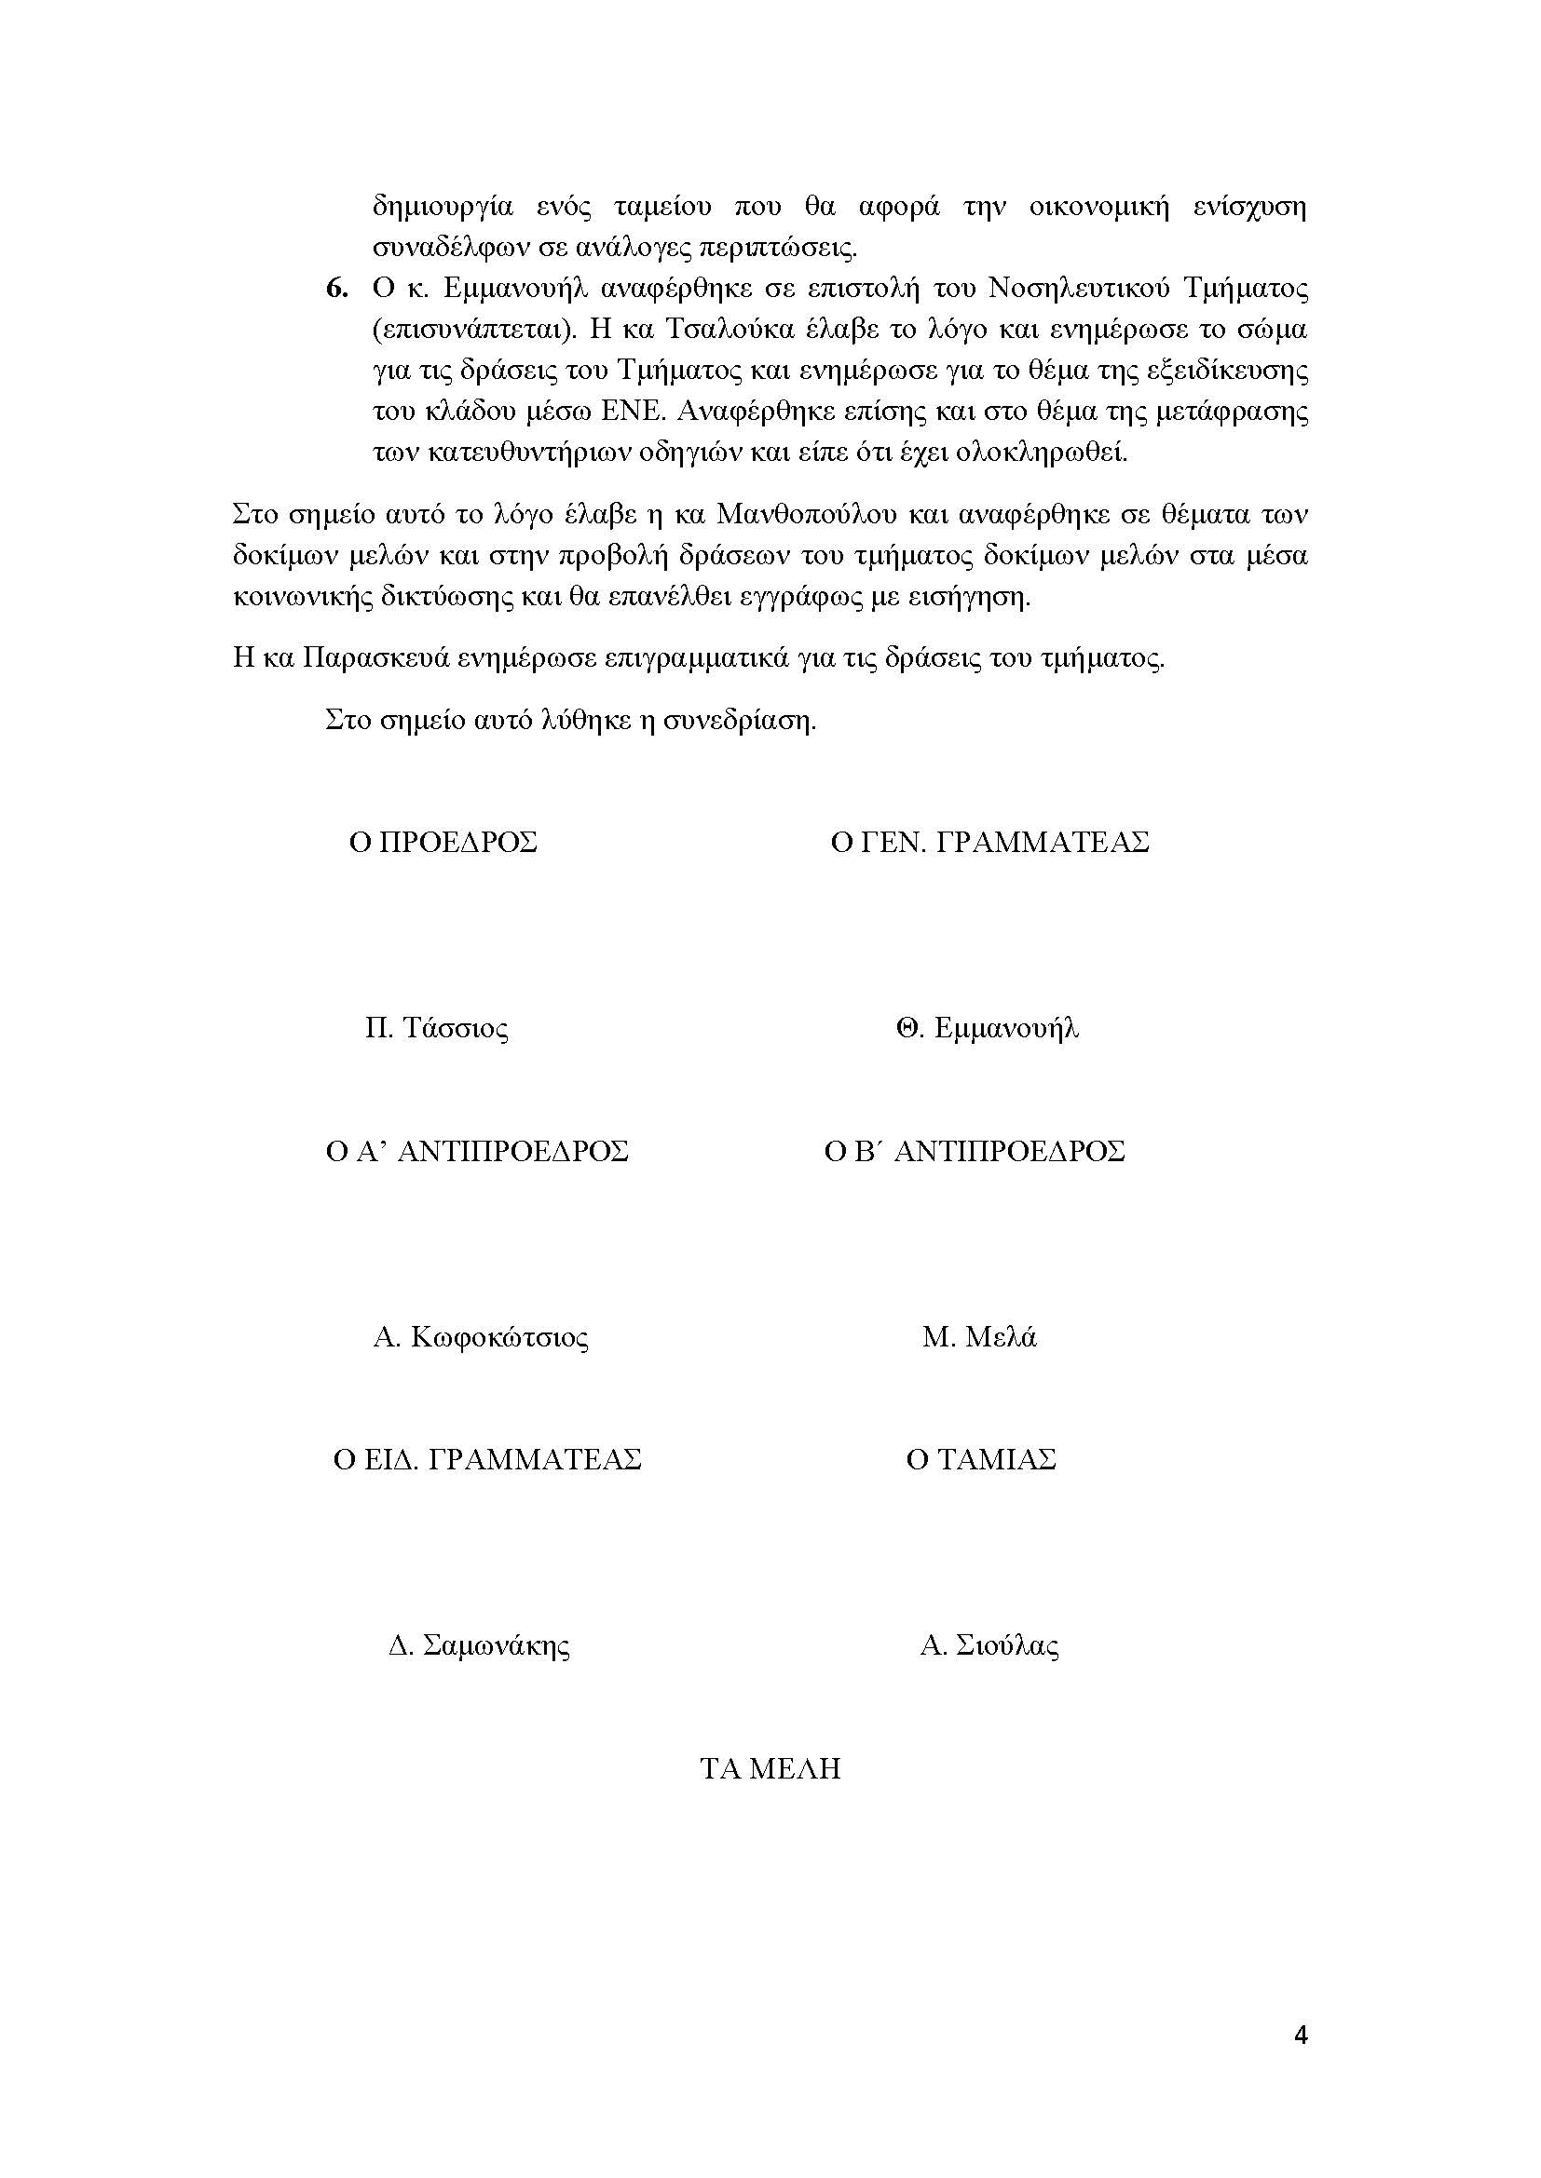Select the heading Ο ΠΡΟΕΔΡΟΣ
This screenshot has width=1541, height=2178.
point(443,843)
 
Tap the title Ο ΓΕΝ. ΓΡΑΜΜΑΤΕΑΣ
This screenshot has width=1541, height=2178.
point(989,843)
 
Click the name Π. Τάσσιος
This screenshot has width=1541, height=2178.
point(436,1029)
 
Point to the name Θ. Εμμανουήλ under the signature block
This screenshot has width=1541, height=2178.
point(987,1029)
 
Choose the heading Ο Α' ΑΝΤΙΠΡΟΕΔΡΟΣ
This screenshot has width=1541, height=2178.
point(477,1152)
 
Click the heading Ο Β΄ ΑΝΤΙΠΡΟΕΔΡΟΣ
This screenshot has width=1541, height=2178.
point(975,1152)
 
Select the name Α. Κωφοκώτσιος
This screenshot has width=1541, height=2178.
point(480,1337)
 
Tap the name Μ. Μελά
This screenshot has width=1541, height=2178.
point(979,1337)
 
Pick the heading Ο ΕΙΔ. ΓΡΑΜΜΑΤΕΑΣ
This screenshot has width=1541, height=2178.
point(486,1460)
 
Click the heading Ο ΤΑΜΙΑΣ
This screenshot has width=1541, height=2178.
point(980,1460)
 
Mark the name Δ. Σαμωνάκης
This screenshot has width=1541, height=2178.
point(479,1645)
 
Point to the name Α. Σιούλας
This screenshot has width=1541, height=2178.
point(989,1645)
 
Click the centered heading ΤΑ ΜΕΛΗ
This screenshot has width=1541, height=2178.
point(770,1769)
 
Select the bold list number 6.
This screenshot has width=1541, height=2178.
point(337,289)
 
